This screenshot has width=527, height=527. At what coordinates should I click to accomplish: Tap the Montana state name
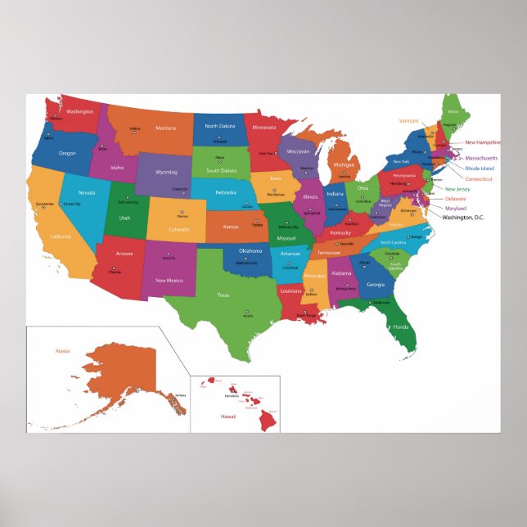166,128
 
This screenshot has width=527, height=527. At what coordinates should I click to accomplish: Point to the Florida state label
400,327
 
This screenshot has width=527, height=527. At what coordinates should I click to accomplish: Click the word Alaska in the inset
62,351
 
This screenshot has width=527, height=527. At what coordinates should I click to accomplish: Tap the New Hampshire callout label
482,142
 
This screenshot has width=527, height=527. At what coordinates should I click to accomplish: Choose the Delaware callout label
456,198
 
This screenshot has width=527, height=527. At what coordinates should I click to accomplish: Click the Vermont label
409,120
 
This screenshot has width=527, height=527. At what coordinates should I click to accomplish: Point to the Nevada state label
87,192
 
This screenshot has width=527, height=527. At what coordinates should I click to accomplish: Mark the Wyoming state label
166,172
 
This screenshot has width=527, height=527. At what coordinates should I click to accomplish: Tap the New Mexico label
169,280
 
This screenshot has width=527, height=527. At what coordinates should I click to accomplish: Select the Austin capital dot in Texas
247,312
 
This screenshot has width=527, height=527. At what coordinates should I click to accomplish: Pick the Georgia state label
375,284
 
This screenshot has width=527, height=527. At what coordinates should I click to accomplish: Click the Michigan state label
345,164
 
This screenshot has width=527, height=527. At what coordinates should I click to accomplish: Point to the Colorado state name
179,229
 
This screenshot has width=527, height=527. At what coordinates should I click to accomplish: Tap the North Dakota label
219,126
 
